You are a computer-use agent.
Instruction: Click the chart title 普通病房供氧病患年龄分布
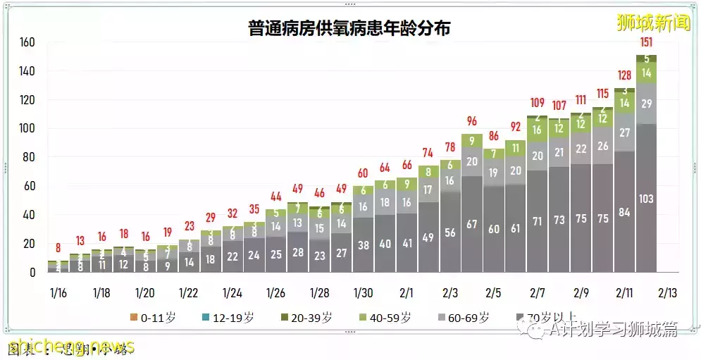tap(349, 28)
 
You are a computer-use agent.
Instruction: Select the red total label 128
tap(624, 76)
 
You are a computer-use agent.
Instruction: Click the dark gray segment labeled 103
tap(646, 199)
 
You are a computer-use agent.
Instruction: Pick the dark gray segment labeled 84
tap(624, 212)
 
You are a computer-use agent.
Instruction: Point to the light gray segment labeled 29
tap(646, 104)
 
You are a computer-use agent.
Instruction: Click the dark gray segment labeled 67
tap(471, 224)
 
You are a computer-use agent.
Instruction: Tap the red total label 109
tap(537, 103)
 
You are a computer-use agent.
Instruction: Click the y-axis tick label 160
tap(27, 42)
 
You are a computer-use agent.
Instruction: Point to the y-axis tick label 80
tap(30, 157)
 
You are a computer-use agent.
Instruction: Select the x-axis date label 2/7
tap(537, 292)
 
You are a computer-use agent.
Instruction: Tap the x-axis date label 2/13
tap(667, 292)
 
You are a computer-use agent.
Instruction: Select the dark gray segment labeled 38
tap(363, 246)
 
